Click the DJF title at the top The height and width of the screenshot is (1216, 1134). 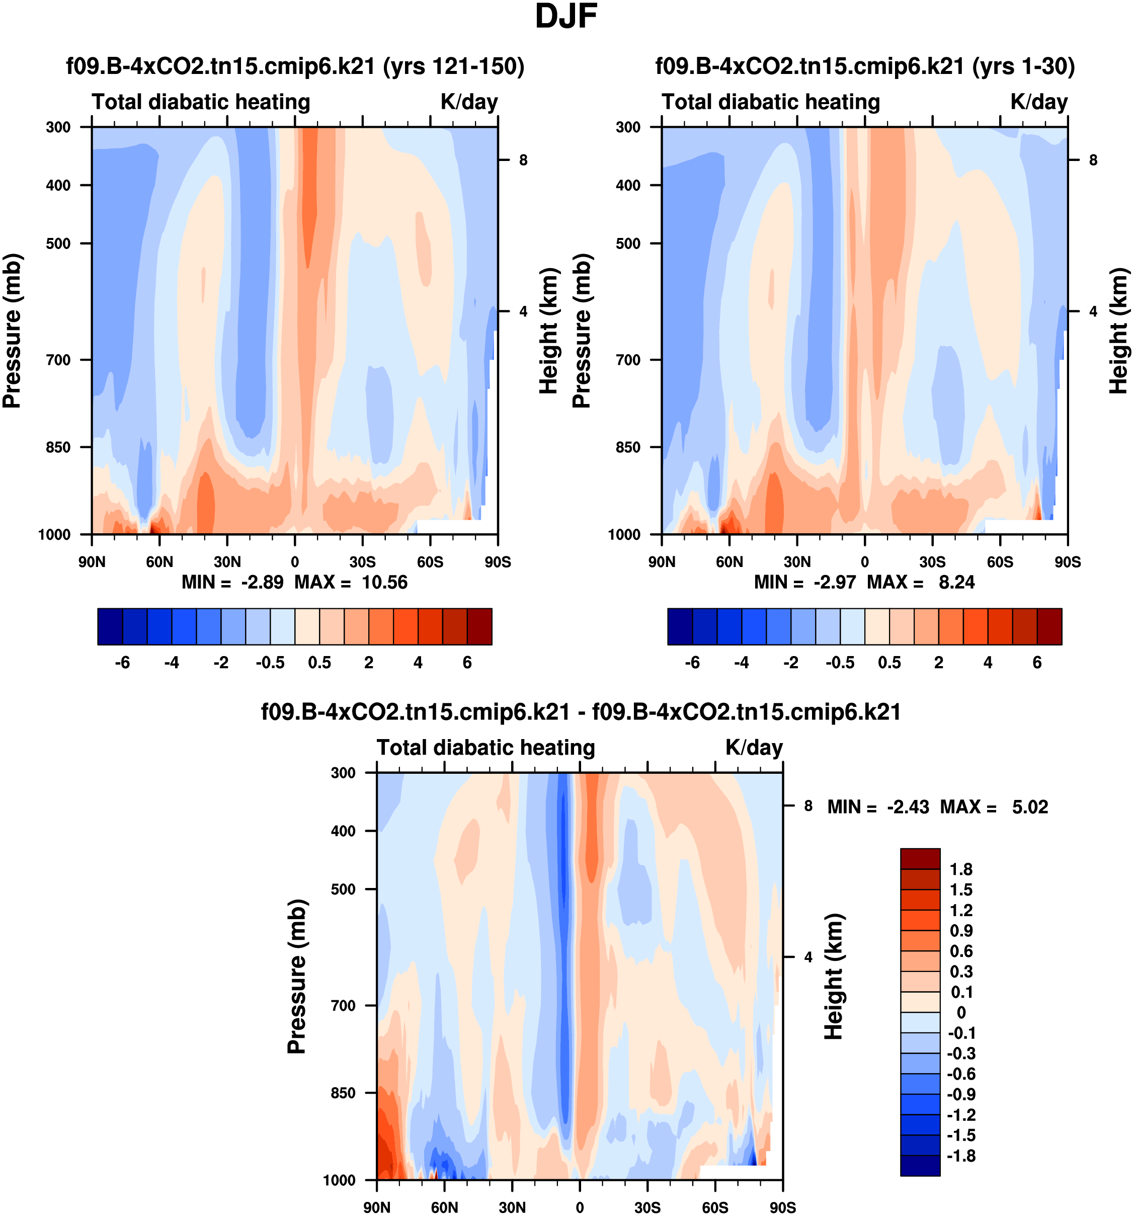coord(566,17)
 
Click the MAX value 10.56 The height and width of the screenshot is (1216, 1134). coord(384,582)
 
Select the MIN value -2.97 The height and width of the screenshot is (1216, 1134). coord(834,582)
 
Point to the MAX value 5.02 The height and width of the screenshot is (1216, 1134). coord(1030,807)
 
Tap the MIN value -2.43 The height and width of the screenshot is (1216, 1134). coord(908,807)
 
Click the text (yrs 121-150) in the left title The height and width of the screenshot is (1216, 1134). coord(453,66)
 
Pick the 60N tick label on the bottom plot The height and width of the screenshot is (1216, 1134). coord(444,1207)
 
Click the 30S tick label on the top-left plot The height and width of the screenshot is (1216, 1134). coord(362,561)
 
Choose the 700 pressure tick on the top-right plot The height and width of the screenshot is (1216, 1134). coord(629,360)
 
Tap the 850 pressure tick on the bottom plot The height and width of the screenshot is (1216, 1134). coord(343,1092)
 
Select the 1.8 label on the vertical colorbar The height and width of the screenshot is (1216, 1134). coord(961,869)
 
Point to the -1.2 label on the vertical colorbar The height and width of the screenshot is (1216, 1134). coord(961,1114)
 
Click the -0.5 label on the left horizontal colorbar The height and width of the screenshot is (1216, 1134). coord(270,663)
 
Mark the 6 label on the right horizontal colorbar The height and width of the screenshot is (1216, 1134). coord(1037,663)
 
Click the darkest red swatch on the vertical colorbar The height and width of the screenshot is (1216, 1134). coord(919,858)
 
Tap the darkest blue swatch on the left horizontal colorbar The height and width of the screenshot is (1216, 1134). coord(110,626)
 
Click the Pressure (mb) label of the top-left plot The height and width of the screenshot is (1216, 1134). coord(12,331)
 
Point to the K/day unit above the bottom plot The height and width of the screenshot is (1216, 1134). coord(754,748)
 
